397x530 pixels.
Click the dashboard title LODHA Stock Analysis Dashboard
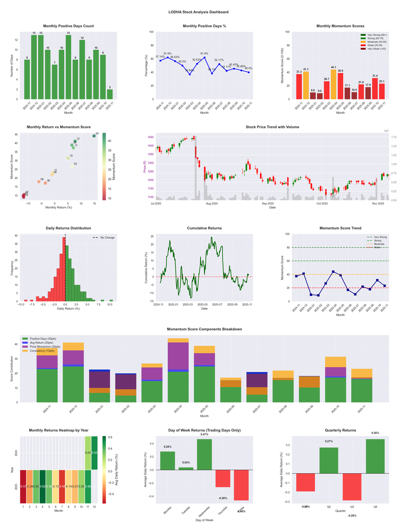(x=198, y=11)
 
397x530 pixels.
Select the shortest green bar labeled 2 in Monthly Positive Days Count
(x=110, y=94)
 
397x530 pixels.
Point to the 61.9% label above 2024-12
(x=168, y=54)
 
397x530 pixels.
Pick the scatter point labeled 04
(x=94, y=136)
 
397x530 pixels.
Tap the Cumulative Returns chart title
(x=204, y=228)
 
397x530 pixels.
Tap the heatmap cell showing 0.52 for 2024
(x=95, y=453)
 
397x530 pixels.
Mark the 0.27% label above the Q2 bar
(x=329, y=442)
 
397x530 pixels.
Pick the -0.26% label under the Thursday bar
(x=223, y=498)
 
